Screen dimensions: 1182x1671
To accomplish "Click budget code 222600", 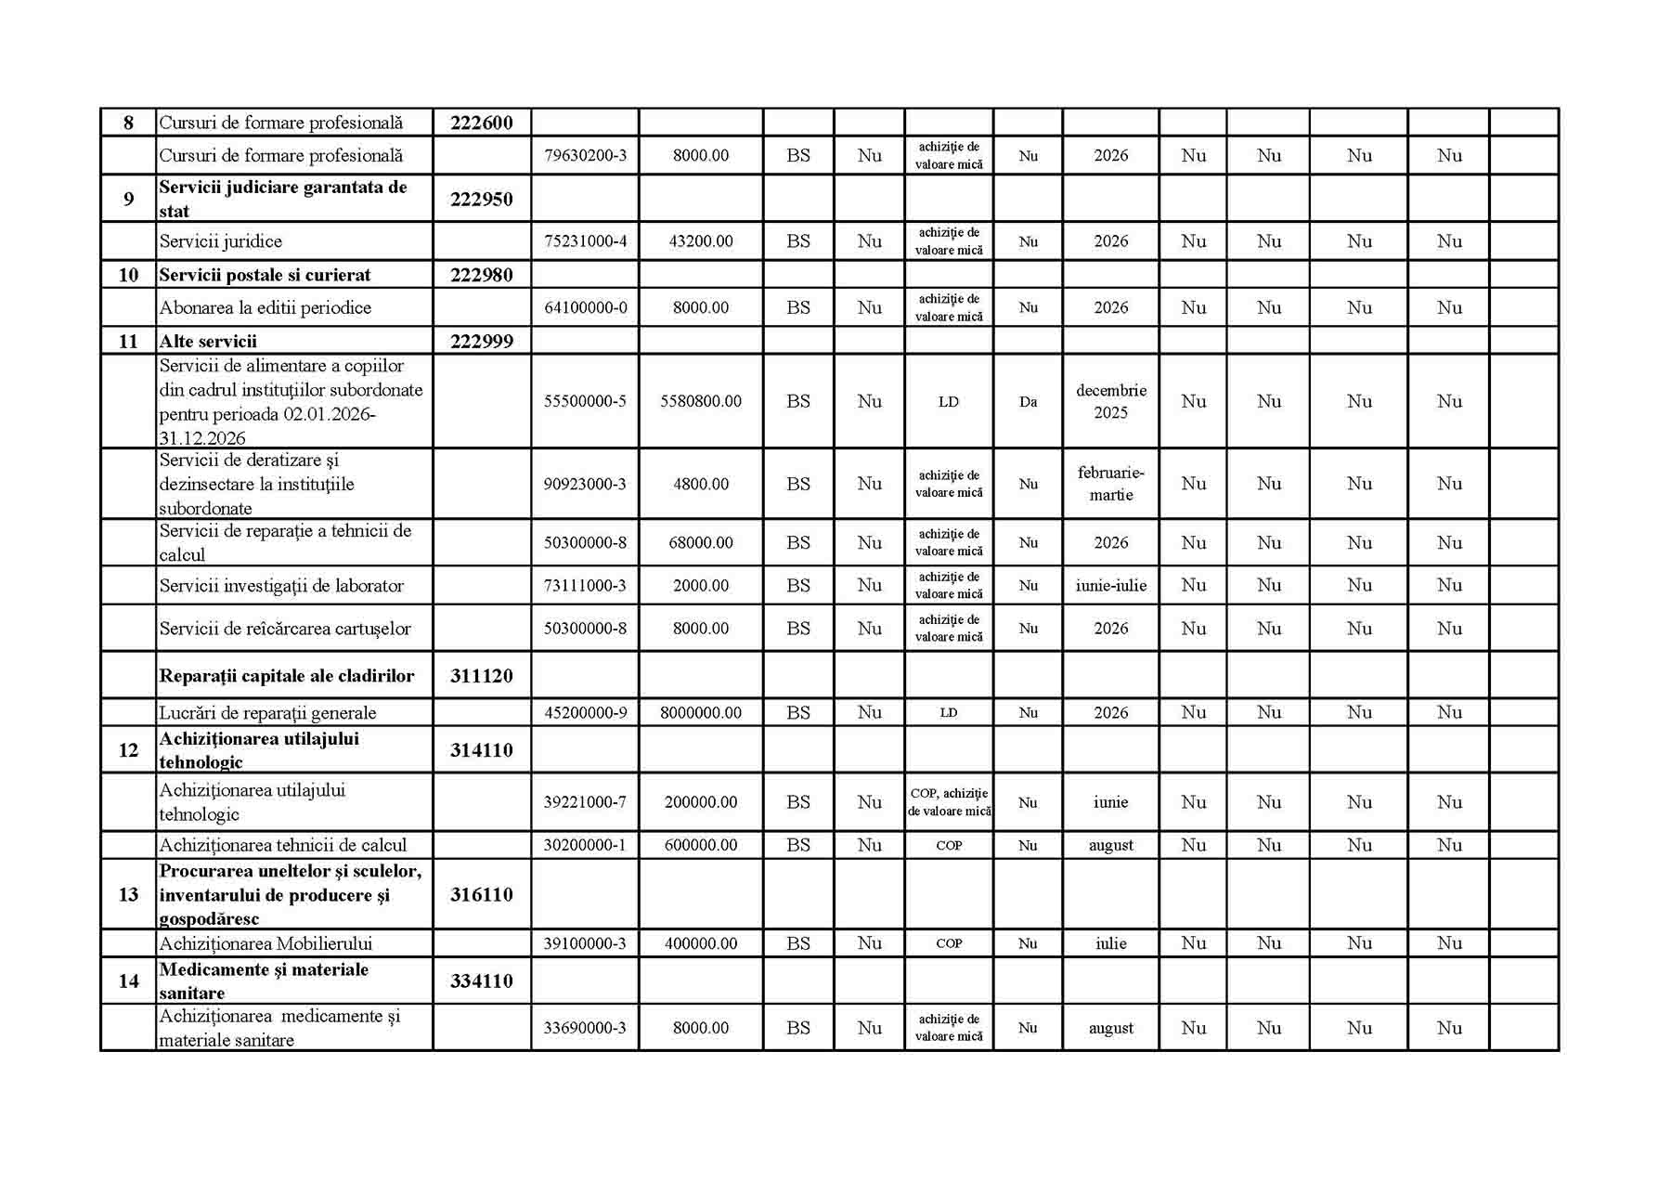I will click(x=481, y=123).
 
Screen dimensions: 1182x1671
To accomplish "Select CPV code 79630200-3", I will click(x=585, y=156).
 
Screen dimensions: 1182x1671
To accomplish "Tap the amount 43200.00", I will click(x=701, y=241).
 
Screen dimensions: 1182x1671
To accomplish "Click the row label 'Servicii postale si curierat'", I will click(x=265, y=275).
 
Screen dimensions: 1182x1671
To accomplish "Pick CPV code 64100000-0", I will click(x=585, y=307).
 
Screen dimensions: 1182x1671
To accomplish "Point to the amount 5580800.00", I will click(x=701, y=401).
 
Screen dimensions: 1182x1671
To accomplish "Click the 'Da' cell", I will click(x=1028, y=402).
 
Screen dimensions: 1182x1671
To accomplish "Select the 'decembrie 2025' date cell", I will click(x=1110, y=401).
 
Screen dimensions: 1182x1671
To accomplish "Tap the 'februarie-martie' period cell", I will click(x=1110, y=484).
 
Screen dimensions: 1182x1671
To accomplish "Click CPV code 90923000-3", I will click(x=585, y=484).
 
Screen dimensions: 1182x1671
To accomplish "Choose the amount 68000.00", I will click(x=701, y=542).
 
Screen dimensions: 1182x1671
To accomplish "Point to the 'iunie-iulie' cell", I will click(x=1110, y=586).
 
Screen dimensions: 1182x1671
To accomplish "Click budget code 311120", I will click(x=481, y=676).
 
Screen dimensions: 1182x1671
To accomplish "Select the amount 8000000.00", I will click(x=701, y=713).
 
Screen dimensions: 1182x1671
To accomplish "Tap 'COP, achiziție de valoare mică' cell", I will click(x=949, y=802).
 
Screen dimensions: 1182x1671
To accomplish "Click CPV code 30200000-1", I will click(x=585, y=845).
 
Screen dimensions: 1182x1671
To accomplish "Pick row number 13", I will click(x=128, y=894).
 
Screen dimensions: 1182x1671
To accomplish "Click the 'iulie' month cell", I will click(x=1110, y=943).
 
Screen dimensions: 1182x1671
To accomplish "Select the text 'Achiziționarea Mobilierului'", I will click(x=266, y=943).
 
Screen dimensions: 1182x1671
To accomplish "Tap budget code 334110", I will click(x=481, y=981).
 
